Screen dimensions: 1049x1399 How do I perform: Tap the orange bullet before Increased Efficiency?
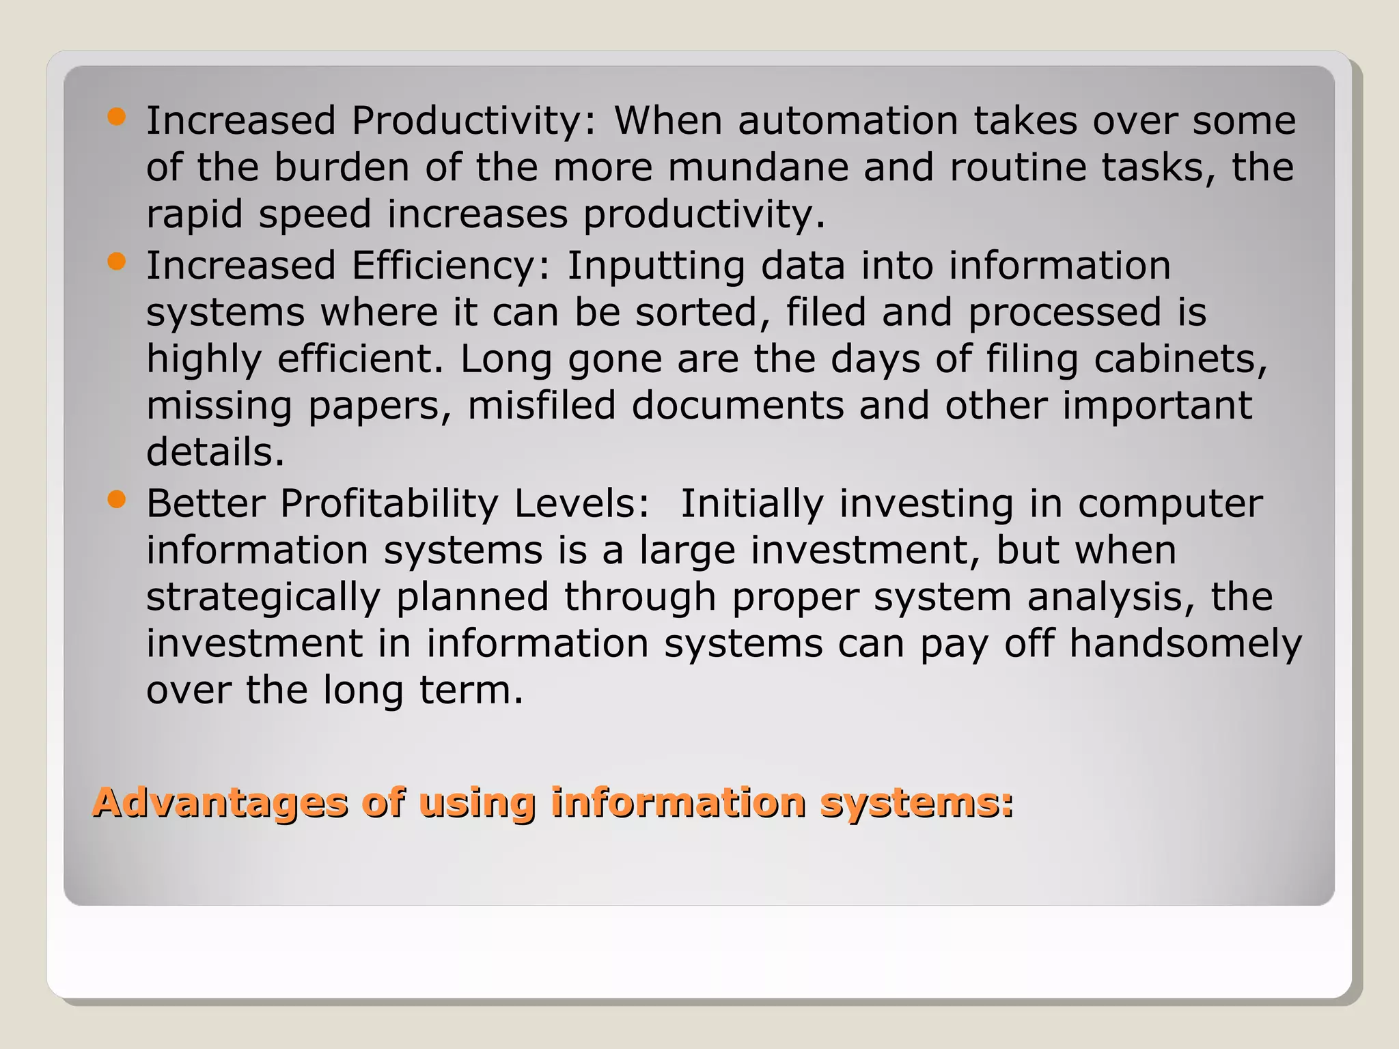pyautogui.click(x=117, y=262)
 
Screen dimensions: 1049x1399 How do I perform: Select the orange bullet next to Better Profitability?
pyautogui.click(x=117, y=500)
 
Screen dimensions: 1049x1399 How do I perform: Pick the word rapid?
pyautogui.click(x=195, y=214)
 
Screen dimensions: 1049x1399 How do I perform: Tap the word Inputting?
pyautogui.click(x=656, y=266)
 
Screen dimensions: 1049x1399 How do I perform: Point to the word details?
pyautogui.click(x=215, y=452)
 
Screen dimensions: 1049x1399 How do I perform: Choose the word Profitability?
pyautogui.click(x=389, y=505)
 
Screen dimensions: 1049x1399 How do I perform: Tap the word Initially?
pyautogui.click(x=752, y=505)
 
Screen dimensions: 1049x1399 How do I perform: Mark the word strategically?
pyautogui.click(x=263, y=598)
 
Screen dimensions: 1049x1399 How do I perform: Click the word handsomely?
pyautogui.click(x=1185, y=645)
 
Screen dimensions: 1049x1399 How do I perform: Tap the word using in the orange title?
pyautogui.click(x=476, y=804)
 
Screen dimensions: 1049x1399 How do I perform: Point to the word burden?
pyautogui.click(x=342, y=167)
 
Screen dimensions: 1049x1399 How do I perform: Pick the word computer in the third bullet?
pyautogui.click(x=1170, y=505)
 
